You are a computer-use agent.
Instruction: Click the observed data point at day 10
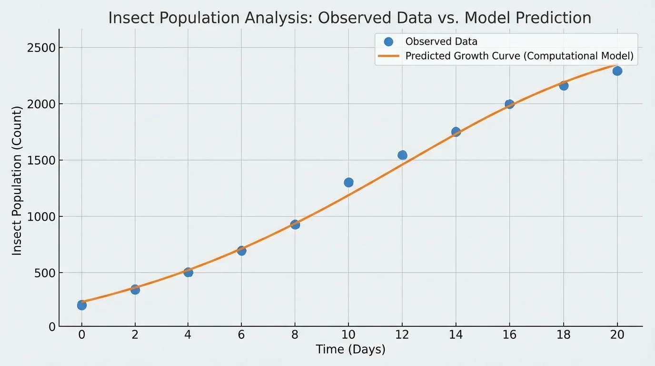(x=348, y=183)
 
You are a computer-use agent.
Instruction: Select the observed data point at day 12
(x=402, y=155)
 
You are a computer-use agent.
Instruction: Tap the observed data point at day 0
(x=82, y=305)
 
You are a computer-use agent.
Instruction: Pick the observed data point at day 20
(x=617, y=71)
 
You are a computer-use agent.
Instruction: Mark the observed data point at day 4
(x=188, y=272)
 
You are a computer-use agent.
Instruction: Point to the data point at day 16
(x=509, y=104)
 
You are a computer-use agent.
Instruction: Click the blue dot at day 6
(x=241, y=251)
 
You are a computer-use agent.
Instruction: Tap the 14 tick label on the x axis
(x=456, y=335)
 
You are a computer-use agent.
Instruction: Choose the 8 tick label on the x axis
(x=295, y=335)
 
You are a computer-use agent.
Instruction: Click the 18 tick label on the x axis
(x=563, y=335)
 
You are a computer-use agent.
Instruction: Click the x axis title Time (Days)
(x=350, y=350)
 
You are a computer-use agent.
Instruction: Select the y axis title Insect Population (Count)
(x=17, y=181)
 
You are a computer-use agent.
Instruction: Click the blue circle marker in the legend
(x=388, y=41)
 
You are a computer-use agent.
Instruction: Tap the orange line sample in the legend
(x=388, y=56)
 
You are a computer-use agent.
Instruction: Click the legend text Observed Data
(x=441, y=41)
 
